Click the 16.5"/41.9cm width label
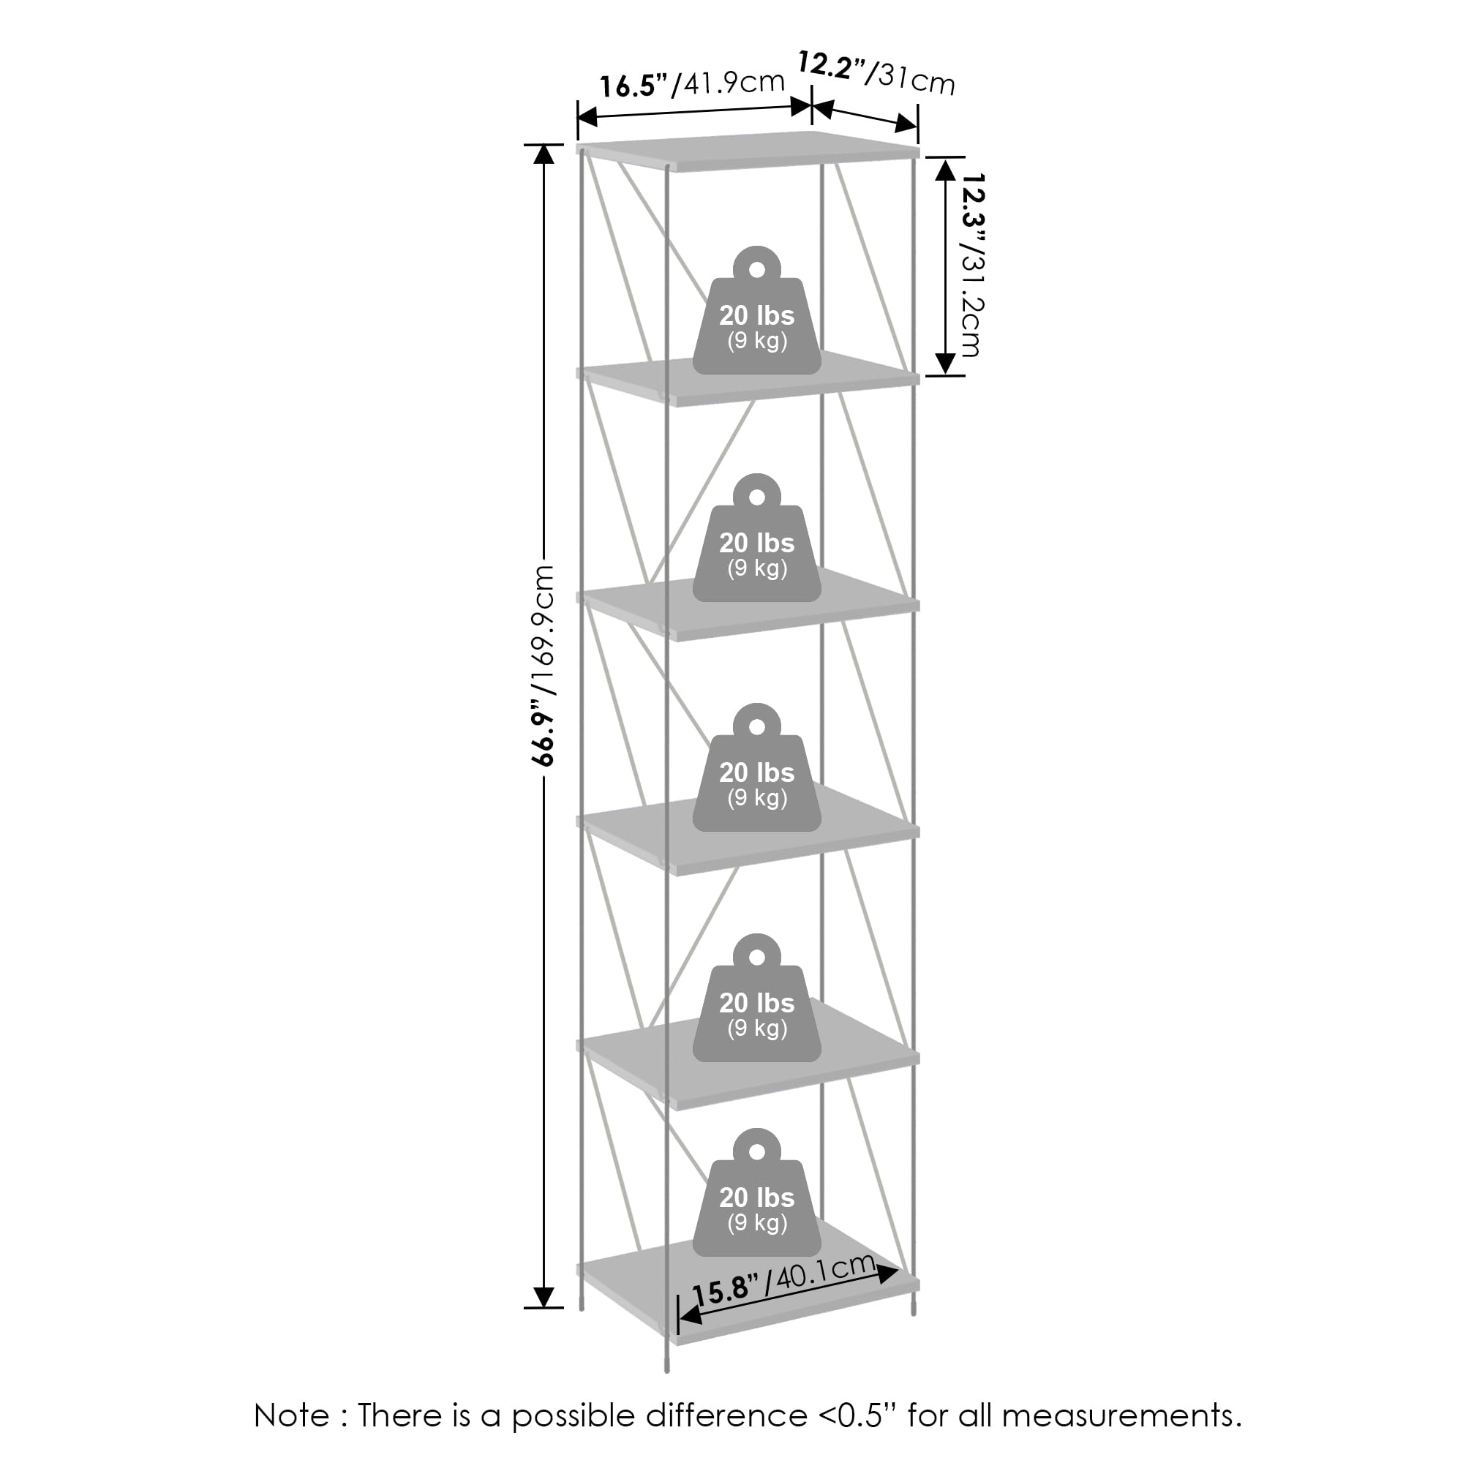692,83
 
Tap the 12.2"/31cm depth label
876,73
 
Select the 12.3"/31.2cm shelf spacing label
971,265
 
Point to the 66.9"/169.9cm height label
544,666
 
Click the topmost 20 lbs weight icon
756,309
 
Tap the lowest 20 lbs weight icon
756,1192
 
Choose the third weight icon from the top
756,768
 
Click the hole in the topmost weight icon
756,268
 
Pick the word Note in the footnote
292,1415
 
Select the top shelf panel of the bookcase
748,151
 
